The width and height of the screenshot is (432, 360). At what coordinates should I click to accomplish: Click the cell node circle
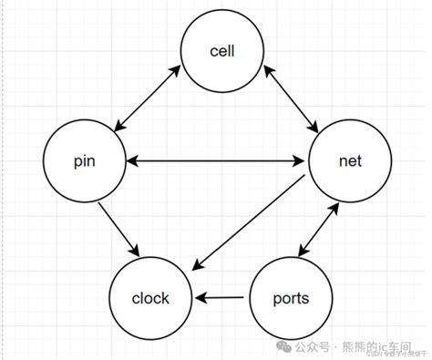click(221, 52)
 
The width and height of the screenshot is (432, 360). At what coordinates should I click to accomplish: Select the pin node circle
click(83, 161)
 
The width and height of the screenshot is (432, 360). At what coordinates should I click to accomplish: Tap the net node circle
click(349, 161)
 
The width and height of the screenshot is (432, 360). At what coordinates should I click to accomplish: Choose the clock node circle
click(151, 298)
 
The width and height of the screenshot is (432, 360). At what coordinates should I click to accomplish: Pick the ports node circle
click(291, 298)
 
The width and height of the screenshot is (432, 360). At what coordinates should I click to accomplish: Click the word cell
click(221, 51)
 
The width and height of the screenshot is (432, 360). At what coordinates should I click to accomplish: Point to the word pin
click(83, 162)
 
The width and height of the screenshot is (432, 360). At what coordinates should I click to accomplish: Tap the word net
click(349, 161)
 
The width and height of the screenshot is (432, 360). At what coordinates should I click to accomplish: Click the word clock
click(151, 298)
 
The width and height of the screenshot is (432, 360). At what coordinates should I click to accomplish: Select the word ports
click(291, 298)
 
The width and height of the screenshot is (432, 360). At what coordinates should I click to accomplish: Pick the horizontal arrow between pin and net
click(216, 161)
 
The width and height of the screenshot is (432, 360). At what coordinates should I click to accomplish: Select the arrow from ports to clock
click(221, 298)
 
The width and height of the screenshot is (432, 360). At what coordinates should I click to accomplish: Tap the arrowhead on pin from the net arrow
click(131, 161)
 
